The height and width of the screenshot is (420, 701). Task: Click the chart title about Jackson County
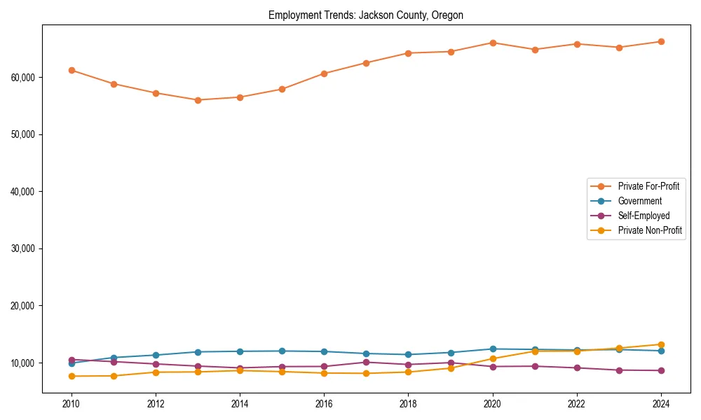365,15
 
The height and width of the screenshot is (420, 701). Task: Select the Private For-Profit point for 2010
72,70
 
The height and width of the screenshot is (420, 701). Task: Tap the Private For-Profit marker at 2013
198,100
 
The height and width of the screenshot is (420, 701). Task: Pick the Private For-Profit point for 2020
493,43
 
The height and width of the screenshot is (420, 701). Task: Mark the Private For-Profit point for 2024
661,41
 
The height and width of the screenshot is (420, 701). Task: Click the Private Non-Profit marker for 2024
661,344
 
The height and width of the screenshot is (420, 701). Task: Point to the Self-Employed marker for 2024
661,370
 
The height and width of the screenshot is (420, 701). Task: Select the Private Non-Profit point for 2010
72,376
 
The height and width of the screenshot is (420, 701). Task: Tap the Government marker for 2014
240,351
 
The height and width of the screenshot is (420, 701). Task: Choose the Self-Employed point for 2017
366,362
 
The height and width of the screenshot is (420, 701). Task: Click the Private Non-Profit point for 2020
493,358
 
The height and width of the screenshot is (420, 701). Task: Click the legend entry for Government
639,201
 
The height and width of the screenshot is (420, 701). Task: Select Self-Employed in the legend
644,216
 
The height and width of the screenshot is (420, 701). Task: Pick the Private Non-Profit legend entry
650,230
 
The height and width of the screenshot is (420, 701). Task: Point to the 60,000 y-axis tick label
25,77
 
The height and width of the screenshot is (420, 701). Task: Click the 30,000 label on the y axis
25,248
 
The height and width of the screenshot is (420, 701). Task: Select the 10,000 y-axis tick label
25,363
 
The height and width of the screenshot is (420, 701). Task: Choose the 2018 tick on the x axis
408,404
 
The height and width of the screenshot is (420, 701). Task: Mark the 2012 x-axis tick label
156,404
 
